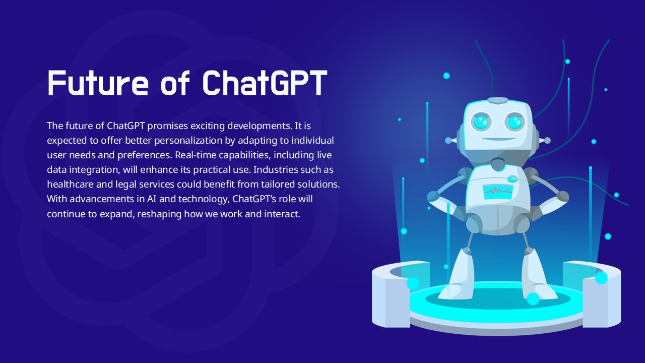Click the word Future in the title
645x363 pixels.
point(98,83)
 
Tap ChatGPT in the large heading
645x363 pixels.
point(265,83)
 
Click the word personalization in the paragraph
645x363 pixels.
point(188,141)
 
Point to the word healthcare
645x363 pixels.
point(70,184)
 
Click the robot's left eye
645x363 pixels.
point(481,122)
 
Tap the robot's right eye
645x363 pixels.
point(515,123)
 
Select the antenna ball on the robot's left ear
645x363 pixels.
point(448,141)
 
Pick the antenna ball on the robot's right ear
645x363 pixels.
point(547,141)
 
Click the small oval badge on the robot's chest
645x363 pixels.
point(512,179)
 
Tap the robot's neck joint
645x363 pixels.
point(497,164)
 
